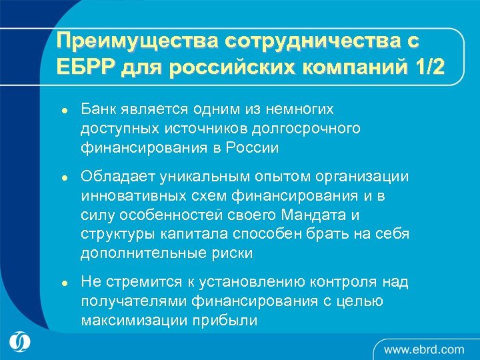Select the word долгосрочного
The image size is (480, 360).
[x=314, y=127]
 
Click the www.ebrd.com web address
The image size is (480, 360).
[x=424, y=349]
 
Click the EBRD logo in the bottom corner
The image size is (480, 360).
[x=21, y=342]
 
